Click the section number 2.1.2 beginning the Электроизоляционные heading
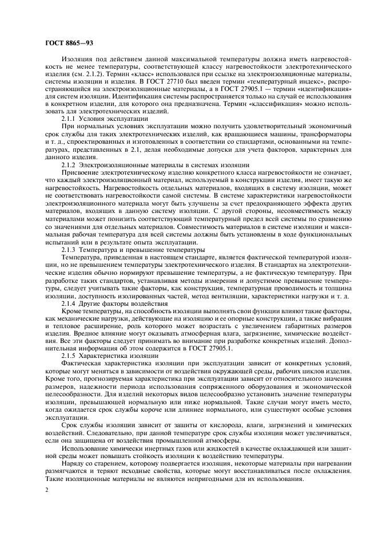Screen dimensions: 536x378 click(x=69, y=180)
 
